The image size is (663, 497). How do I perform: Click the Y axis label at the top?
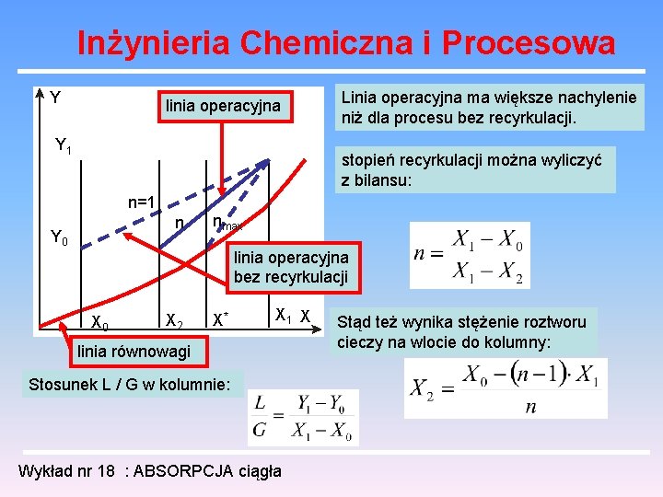pyautogui.click(x=55, y=98)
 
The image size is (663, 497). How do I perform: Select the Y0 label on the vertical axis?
pyautogui.click(x=58, y=238)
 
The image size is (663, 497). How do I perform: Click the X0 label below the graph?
pyautogui.click(x=100, y=323)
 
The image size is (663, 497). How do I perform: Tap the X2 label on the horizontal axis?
pyautogui.click(x=173, y=320)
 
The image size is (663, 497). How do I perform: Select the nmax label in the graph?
pyautogui.click(x=227, y=224)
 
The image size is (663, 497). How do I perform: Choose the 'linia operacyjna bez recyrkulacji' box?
pyautogui.click(x=291, y=267)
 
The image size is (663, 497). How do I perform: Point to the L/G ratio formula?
pyautogui.click(x=303, y=417)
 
